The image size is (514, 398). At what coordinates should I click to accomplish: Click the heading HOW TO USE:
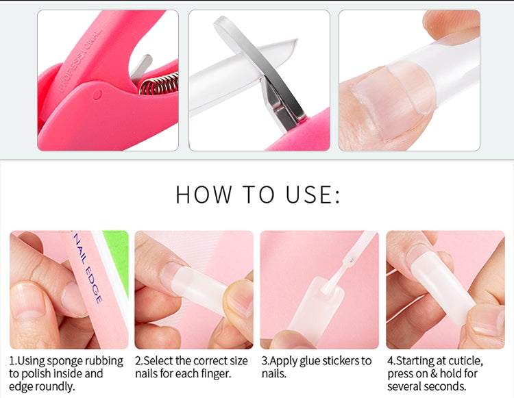[x=257, y=195]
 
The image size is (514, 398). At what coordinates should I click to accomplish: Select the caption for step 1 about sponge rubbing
[x=66, y=373]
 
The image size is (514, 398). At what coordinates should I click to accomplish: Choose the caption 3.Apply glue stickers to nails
[x=316, y=367]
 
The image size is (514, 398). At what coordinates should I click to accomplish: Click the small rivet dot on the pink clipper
[x=98, y=92]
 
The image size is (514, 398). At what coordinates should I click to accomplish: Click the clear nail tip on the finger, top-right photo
[x=439, y=75]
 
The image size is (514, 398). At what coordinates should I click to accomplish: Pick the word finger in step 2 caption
[x=216, y=374]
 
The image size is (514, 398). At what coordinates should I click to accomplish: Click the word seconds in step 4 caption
[x=445, y=386]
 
